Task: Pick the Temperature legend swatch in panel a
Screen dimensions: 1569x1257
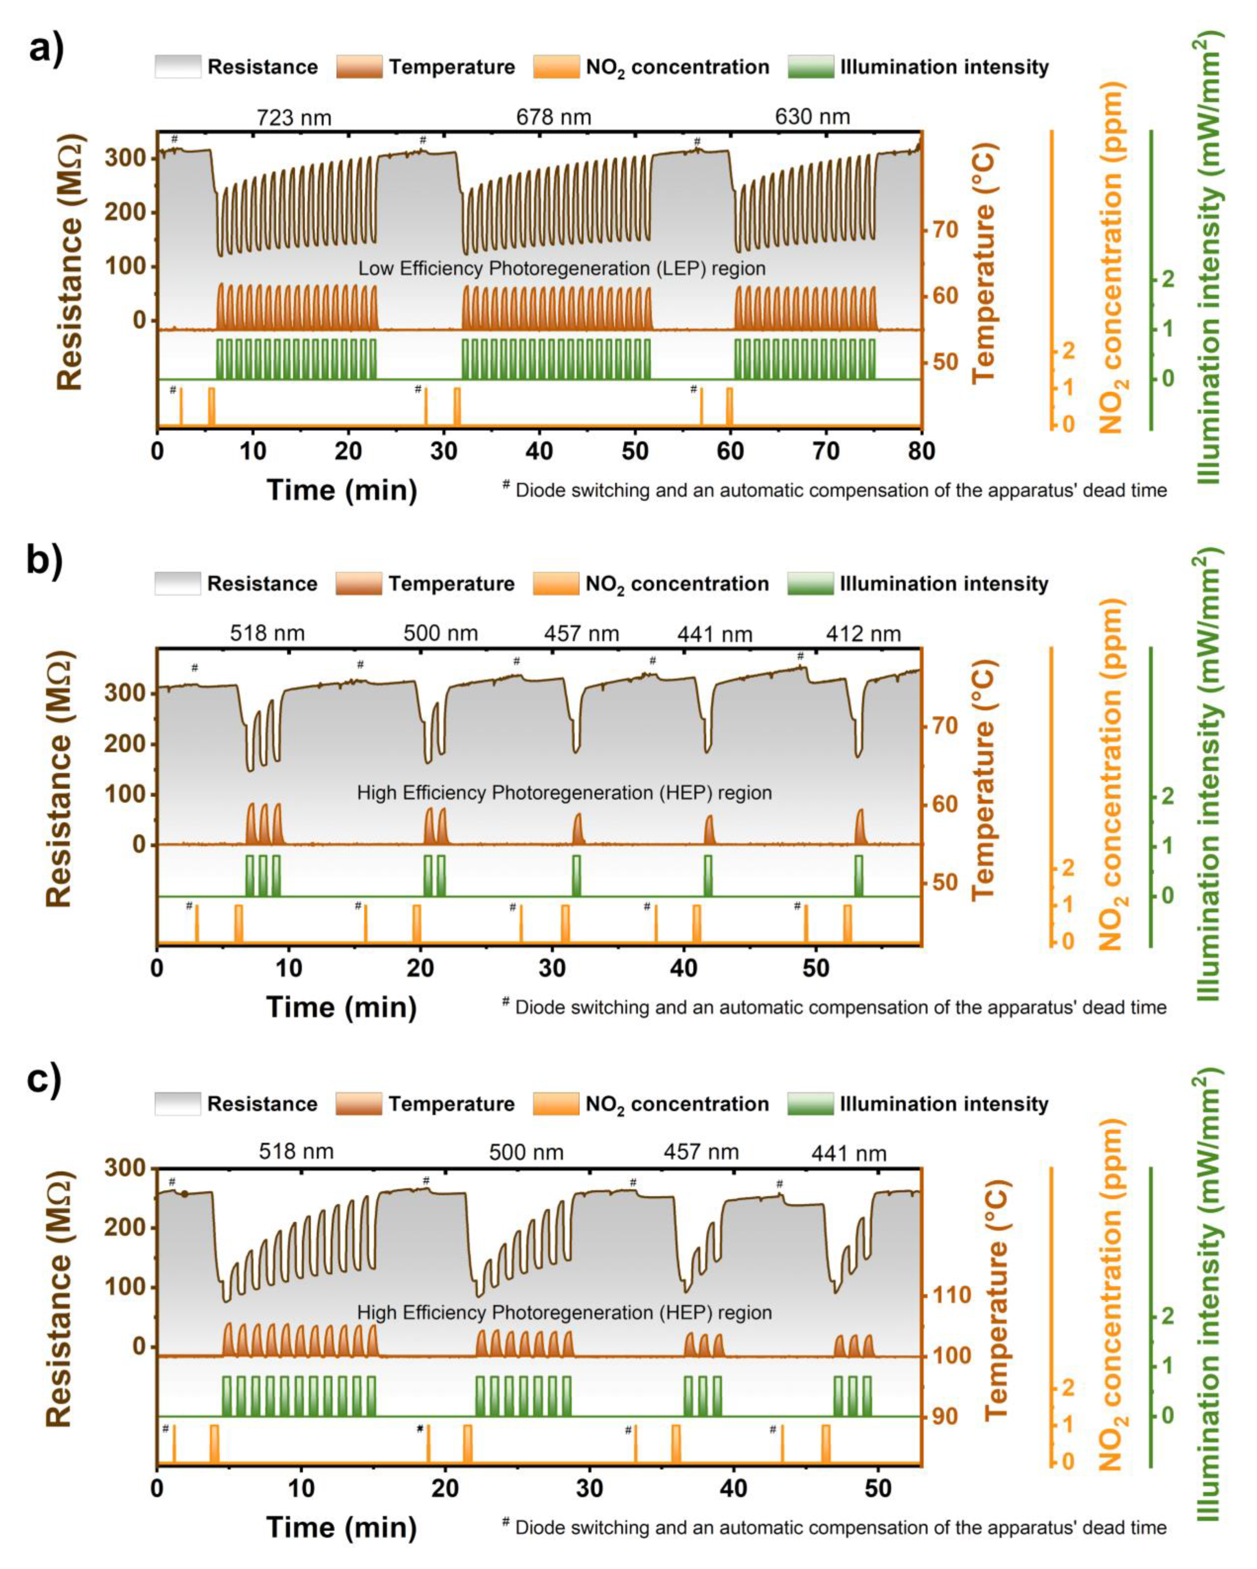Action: point(359,67)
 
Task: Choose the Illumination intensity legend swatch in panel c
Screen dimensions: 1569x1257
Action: point(810,1104)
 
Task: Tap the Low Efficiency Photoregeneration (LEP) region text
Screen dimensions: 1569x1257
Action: point(561,269)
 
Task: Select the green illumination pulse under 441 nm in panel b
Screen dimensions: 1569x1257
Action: point(708,875)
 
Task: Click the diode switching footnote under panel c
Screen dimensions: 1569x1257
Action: point(834,1527)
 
